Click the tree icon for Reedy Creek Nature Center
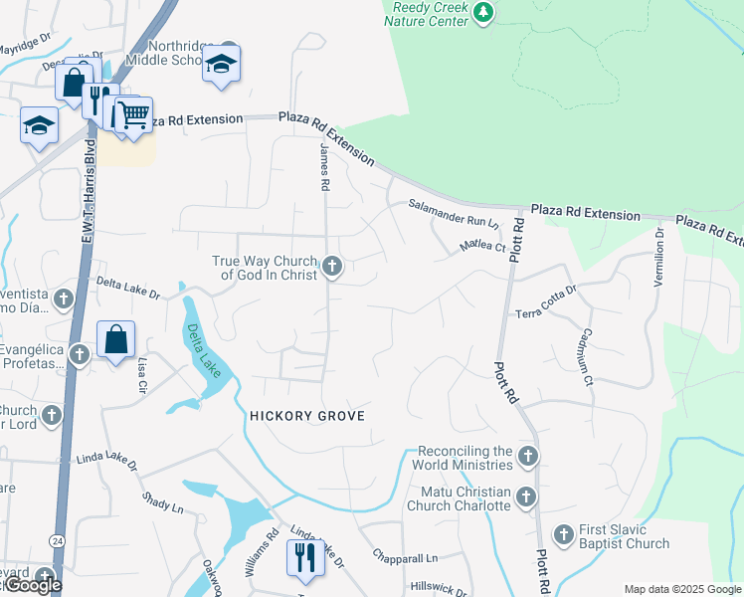point(482,12)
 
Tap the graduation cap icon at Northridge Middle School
point(222,66)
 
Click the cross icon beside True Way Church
point(333,267)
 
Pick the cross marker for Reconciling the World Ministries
point(527,457)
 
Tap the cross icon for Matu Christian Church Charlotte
point(526,497)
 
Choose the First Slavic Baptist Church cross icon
point(564,535)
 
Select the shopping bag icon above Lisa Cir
point(116,339)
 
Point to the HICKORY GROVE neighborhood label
point(307,416)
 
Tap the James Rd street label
point(324,166)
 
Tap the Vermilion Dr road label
point(658,258)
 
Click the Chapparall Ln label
point(405,557)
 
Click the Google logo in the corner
point(32,585)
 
